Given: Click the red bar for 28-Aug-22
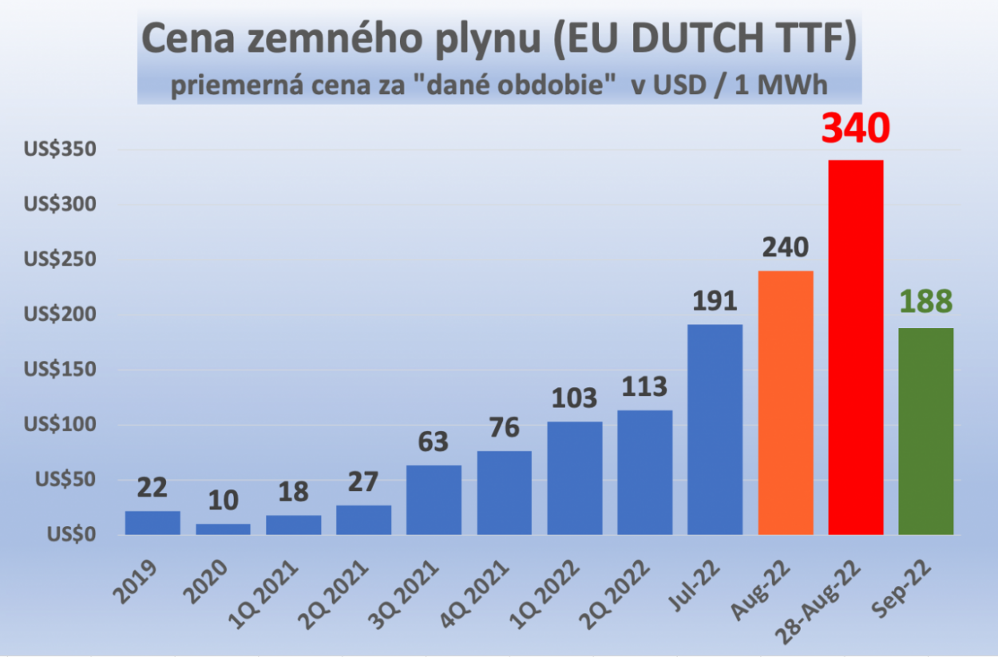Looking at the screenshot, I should (x=856, y=347).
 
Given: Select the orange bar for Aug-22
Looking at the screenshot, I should (x=786, y=402).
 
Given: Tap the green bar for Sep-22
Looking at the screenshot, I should (x=926, y=431).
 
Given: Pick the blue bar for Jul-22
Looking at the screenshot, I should (x=715, y=429).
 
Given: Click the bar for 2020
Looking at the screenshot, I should (x=223, y=529).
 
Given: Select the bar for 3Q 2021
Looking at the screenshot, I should (x=434, y=500).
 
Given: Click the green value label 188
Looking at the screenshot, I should (x=926, y=302).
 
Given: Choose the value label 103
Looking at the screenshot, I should (x=575, y=397).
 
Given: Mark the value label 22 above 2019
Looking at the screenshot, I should (x=152, y=487).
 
